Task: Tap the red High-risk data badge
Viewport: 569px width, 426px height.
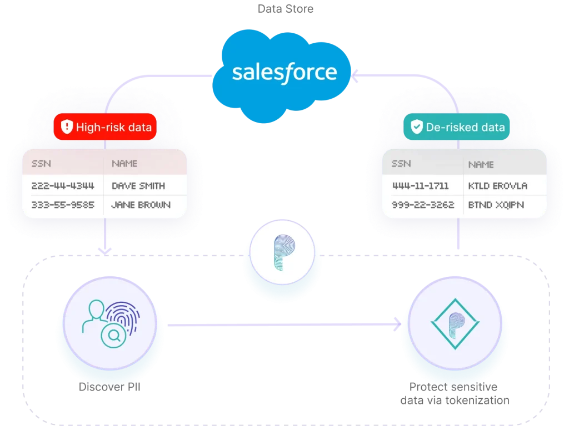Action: (x=105, y=127)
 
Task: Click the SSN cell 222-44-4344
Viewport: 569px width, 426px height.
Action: (x=63, y=185)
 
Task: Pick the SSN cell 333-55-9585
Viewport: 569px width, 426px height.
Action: (x=63, y=205)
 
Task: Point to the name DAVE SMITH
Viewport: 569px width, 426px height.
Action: (x=138, y=185)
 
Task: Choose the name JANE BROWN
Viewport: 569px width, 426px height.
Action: (x=141, y=205)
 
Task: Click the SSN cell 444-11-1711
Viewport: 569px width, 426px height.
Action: (x=420, y=185)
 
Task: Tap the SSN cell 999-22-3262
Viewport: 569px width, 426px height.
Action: (x=423, y=205)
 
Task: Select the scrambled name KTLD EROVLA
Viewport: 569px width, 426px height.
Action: (x=498, y=185)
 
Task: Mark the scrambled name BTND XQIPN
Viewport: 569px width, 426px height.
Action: (x=496, y=205)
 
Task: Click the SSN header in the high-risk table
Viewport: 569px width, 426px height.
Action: (x=41, y=164)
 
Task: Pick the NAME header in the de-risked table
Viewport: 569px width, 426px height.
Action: (x=481, y=164)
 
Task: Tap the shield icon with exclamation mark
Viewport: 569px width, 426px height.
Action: (x=67, y=127)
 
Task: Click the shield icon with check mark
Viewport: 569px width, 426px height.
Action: (x=416, y=127)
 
